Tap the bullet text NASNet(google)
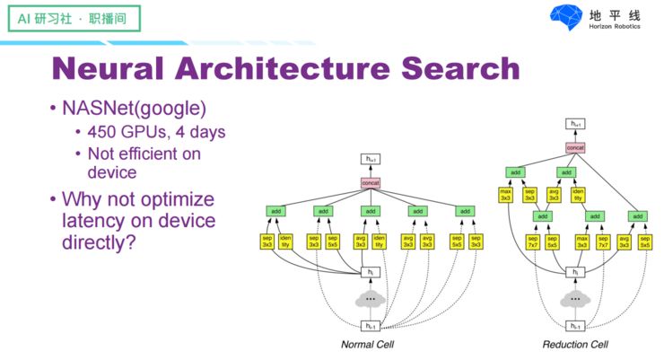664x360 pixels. pyautogui.click(x=134, y=109)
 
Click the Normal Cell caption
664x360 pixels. pyautogui.click(x=369, y=344)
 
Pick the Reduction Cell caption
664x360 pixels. pyautogui.click(x=575, y=344)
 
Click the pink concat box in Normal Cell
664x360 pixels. pyautogui.click(x=370, y=183)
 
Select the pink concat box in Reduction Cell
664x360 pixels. pyautogui.click(x=575, y=146)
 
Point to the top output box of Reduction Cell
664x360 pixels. pyautogui.click(x=575, y=124)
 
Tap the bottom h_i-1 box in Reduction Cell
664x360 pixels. pyautogui.click(x=575, y=326)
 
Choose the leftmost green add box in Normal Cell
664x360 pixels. pyautogui.click(x=275, y=211)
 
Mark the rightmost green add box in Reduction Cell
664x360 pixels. pyautogui.click(x=637, y=216)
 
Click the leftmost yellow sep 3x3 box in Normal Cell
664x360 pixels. pyautogui.click(x=266, y=241)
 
